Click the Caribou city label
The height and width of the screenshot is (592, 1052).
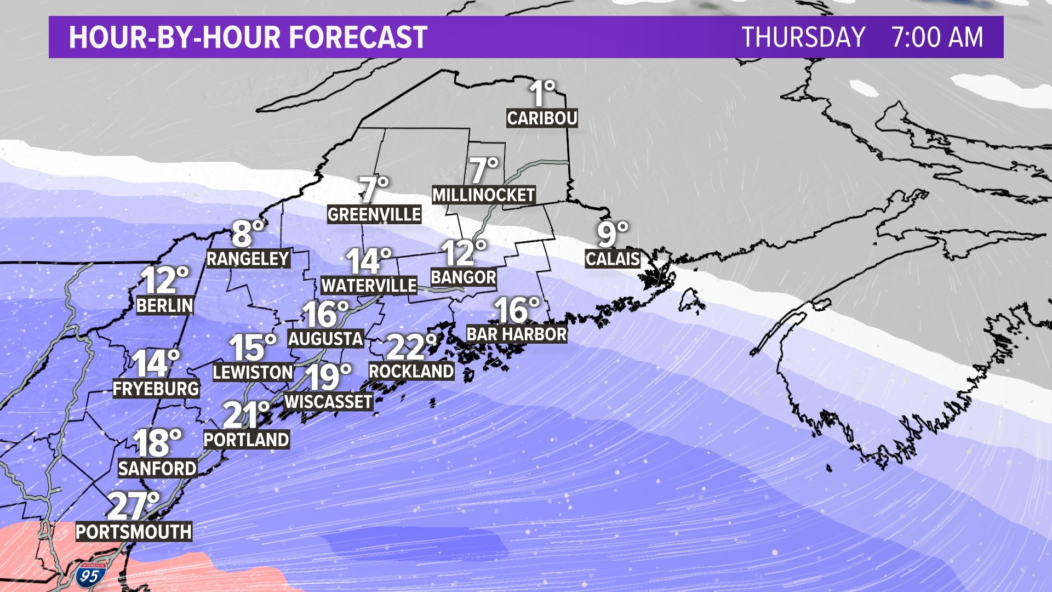[x=542, y=118]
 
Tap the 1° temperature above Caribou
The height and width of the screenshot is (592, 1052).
[x=542, y=93]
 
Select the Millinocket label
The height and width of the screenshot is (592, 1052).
[x=483, y=195]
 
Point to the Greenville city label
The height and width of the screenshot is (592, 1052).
[x=374, y=214]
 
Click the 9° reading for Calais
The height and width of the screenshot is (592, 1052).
[x=612, y=234]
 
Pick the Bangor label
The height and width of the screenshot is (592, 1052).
[x=464, y=277]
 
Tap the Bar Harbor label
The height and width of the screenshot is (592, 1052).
[x=517, y=334]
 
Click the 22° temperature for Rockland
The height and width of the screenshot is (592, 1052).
[x=411, y=347]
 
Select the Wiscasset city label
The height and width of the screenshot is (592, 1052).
[x=328, y=402]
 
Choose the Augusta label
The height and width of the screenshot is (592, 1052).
[x=325, y=339]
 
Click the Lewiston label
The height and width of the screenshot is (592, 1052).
[x=253, y=373]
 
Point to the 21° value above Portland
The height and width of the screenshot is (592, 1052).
[x=247, y=415]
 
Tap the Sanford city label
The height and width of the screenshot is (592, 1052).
[x=157, y=468]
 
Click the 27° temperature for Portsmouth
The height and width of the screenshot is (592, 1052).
[x=133, y=505]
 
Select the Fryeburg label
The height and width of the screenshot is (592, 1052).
[x=156, y=389]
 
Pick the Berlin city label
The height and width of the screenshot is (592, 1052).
[x=165, y=305]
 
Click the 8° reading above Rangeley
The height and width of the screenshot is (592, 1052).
[x=248, y=234]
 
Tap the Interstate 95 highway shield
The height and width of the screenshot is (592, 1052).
[x=89, y=574]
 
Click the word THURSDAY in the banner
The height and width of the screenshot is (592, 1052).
[x=803, y=37]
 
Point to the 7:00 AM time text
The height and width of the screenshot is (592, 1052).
[x=937, y=37]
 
